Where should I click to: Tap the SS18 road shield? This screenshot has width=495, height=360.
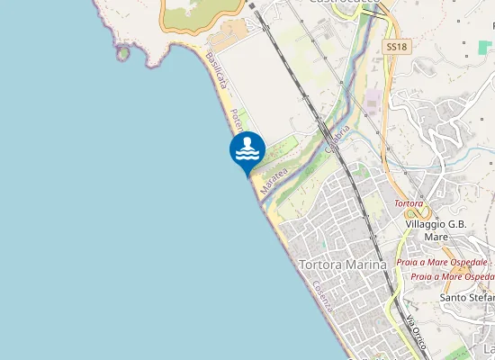tap(393, 45)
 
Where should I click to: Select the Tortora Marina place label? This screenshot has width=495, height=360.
tap(341, 265)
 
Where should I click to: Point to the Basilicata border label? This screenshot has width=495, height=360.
tap(217, 69)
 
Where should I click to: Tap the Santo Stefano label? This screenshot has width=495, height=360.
tap(467, 297)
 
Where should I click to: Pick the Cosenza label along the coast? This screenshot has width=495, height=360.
tap(324, 295)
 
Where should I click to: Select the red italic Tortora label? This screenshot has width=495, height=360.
tap(409, 203)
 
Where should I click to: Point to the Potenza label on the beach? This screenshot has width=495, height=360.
tap(236, 119)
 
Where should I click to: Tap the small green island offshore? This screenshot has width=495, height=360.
tap(122, 53)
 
